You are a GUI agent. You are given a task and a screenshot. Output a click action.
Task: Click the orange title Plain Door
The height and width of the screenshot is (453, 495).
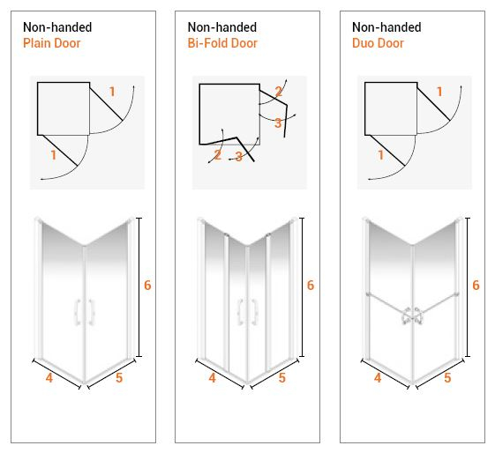[x=52, y=43]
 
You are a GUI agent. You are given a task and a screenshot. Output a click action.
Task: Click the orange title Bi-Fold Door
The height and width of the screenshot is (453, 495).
[x=222, y=43]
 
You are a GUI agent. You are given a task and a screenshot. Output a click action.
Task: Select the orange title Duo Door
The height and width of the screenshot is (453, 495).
[x=378, y=43]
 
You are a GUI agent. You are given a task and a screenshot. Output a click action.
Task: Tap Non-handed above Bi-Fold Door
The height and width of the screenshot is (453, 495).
[x=222, y=27]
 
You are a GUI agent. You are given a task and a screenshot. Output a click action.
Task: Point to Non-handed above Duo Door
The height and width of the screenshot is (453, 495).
[x=386, y=27]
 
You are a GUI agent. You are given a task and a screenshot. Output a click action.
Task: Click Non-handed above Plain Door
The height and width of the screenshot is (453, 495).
[x=57, y=27]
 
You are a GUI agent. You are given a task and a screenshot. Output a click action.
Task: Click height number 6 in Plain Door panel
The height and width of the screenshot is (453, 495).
[x=147, y=286]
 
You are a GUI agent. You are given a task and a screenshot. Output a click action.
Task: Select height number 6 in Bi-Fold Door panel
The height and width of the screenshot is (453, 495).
[x=311, y=286]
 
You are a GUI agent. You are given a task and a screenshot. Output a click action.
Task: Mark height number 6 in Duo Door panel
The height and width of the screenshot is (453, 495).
[x=476, y=286]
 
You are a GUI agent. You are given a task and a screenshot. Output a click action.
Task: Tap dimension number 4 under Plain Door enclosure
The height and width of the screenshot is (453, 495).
[x=49, y=378]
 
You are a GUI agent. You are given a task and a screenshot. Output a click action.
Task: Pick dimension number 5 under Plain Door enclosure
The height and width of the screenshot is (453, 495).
[x=119, y=378]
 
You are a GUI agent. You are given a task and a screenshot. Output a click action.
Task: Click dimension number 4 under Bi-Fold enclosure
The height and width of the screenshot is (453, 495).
[x=212, y=378]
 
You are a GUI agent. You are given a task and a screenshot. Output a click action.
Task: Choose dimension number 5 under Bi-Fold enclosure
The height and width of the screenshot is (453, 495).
[x=282, y=378]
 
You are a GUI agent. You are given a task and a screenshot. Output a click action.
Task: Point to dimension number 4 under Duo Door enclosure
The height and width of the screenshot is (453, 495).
[x=378, y=378]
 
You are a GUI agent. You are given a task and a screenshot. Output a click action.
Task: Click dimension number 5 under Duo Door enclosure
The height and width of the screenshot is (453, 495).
[x=447, y=378]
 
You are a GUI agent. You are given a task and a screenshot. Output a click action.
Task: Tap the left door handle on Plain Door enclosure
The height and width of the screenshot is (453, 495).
[x=78, y=312]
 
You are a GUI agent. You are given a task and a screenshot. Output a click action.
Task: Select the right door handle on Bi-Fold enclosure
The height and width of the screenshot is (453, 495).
[x=254, y=312]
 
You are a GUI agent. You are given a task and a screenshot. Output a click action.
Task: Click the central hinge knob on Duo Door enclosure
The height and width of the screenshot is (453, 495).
[x=412, y=316]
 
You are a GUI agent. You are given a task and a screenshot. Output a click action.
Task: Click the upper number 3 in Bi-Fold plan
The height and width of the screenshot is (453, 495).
[x=278, y=123]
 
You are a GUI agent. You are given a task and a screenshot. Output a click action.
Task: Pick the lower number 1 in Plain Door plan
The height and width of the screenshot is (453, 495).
[x=53, y=155]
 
